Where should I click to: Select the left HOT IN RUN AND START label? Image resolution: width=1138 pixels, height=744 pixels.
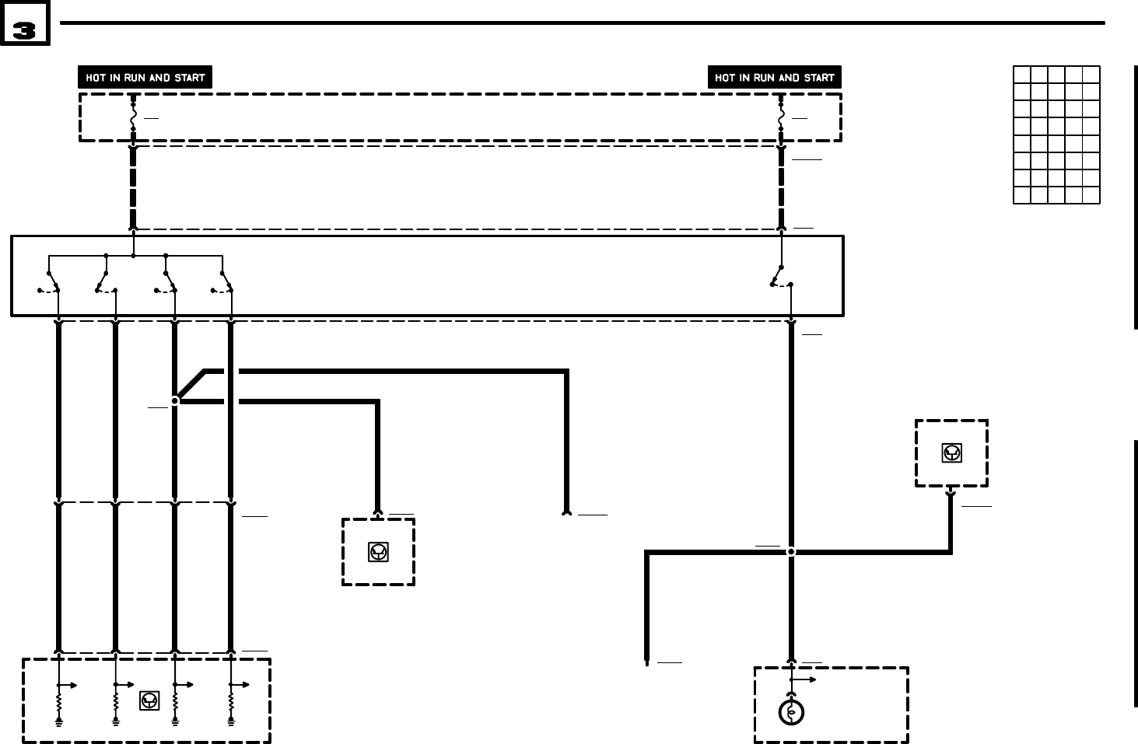[x=145, y=78]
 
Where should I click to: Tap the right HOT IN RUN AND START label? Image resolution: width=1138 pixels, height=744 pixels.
[x=774, y=78]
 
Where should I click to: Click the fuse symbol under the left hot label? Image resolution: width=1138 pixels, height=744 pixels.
[x=133, y=117]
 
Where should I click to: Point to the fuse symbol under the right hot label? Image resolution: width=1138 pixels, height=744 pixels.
[x=781, y=117]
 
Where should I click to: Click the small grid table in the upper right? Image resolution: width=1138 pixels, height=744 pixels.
[x=1056, y=135]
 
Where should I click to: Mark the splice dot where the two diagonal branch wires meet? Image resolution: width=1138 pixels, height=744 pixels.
[x=175, y=400]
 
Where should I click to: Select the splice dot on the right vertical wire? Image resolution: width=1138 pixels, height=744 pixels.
[x=791, y=551]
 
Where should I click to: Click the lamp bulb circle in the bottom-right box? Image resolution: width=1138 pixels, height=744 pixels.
[x=791, y=712]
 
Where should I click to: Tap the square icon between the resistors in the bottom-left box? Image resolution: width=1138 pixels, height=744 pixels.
[x=149, y=700]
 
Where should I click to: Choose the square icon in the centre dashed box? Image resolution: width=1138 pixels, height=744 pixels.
[x=378, y=552]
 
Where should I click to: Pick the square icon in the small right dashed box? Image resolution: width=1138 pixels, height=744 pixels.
[x=951, y=453]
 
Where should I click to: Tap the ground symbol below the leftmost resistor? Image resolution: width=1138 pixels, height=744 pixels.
[x=58, y=722]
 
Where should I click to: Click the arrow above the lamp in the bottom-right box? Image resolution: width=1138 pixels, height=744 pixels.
[x=805, y=679]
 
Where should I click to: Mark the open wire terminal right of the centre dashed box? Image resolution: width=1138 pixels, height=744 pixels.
[x=566, y=513]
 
